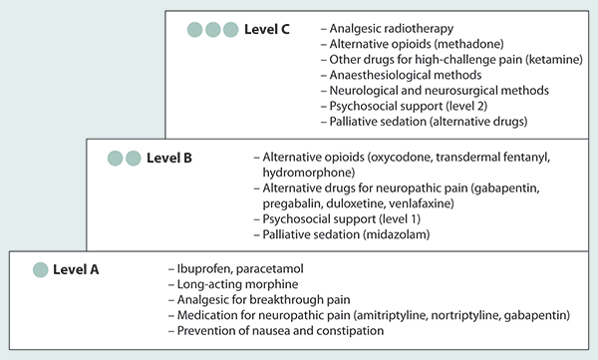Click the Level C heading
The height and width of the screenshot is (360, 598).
tap(266, 29)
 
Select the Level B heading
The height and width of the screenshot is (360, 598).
tap(169, 158)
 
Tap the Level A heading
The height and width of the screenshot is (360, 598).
tap(76, 270)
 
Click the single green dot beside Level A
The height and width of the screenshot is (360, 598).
tap(41, 269)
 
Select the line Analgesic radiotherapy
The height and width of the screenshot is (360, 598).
tap(392, 29)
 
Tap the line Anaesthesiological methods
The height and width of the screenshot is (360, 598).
tap(406, 75)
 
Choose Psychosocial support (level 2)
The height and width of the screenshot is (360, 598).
tap(409, 106)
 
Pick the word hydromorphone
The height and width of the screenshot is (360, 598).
tap(309, 173)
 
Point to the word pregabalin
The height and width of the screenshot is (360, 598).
tap(292, 203)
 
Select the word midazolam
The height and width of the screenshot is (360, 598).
tap(396, 234)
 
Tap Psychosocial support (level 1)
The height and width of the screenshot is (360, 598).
tap(341, 219)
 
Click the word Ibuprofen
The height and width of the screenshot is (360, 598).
tap(204, 269)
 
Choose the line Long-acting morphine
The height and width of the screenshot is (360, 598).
tap(237, 284)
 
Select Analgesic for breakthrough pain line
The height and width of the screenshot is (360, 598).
tap(263, 300)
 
